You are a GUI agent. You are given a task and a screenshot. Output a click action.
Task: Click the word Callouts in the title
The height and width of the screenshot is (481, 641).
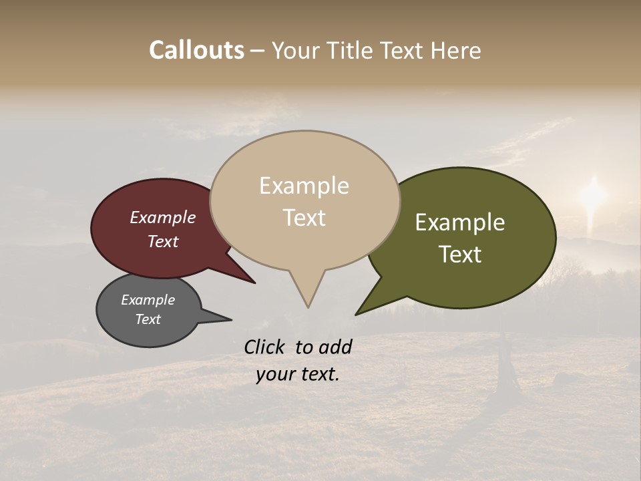pyautogui.click(x=196, y=50)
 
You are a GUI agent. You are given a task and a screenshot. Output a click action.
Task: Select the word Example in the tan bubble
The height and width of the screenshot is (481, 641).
pyautogui.click(x=304, y=186)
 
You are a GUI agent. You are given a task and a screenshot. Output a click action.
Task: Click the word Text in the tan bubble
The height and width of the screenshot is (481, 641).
pyautogui.click(x=304, y=218)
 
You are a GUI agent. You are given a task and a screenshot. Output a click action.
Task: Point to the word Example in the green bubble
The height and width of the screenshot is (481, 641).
pyautogui.click(x=460, y=222)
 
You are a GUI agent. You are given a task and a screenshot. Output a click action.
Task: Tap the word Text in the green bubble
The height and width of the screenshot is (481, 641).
pyautogui.click(x=460, y=255)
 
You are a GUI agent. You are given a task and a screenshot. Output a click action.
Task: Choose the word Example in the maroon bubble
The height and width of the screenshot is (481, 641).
pyautogui.click(x=162, y=217)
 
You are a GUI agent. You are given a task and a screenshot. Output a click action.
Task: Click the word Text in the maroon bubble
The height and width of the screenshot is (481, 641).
pyautogui.click(x=163, y=241)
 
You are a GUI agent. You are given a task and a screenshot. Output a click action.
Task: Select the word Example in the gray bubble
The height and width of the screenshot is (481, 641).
pyautogui.click(x=148, y=300)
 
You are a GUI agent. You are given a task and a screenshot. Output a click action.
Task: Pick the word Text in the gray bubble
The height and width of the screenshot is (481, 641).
pyautogui.click(x=148, y=319)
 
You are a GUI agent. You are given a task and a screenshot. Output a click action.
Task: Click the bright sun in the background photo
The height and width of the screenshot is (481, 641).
pyautogui.click(x=592, y=194)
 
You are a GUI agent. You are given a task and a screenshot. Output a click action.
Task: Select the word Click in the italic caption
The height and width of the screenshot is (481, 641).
pyautogui.click(x=265, y=347)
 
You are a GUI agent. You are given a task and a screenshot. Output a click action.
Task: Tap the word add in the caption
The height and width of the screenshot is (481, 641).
pyautogui.click(x=335, y=347)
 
